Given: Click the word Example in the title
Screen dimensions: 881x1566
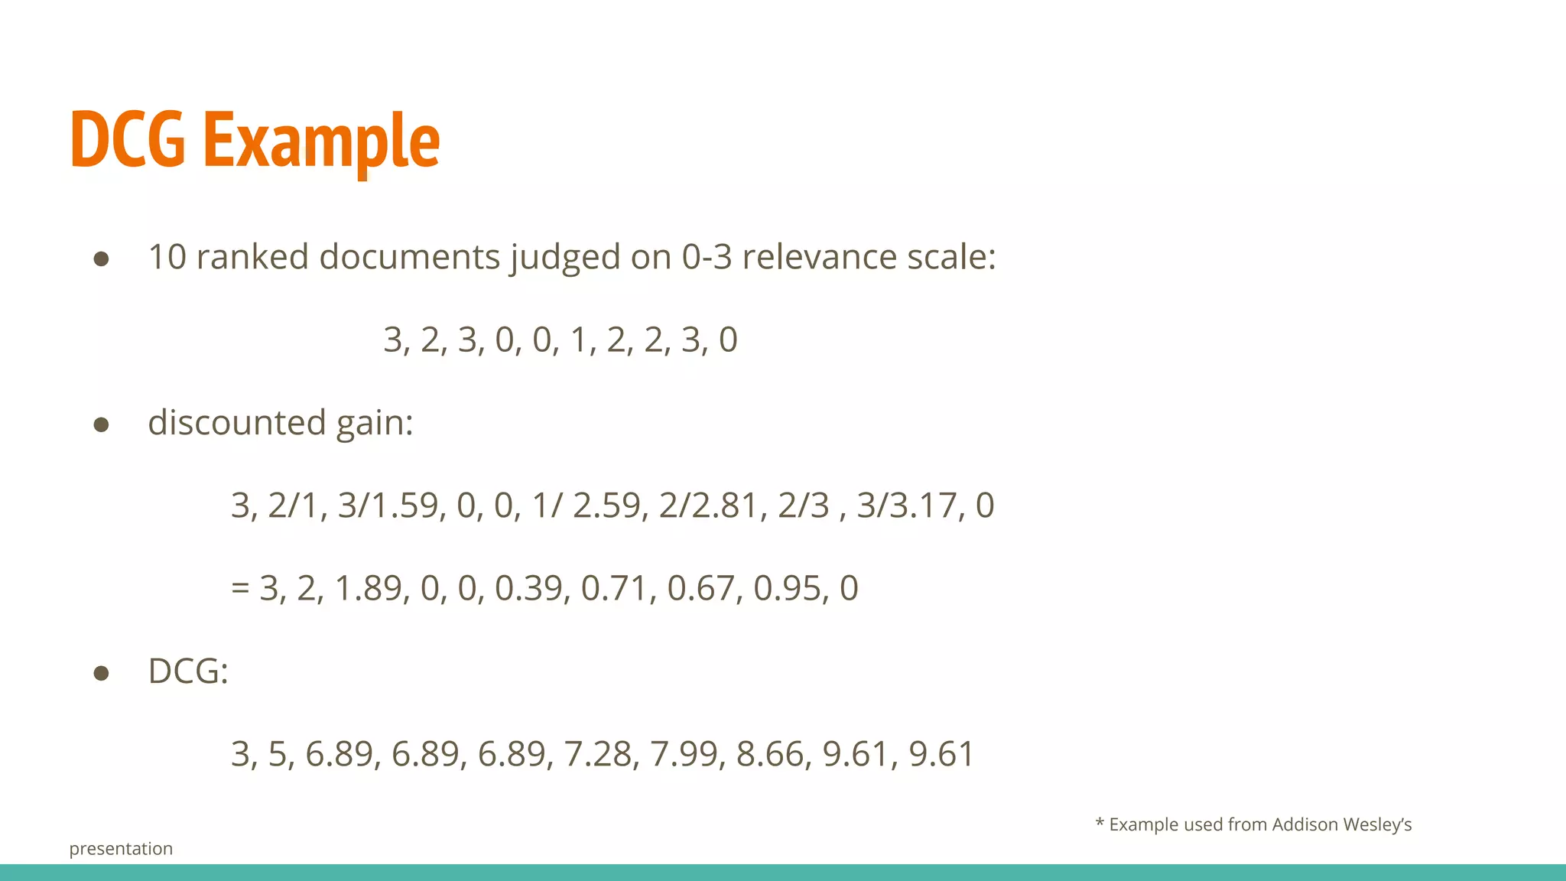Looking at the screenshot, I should tap(321, 141).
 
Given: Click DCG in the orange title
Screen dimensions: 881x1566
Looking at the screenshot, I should tap(128, 141).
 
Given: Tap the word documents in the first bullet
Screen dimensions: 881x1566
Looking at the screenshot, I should tap(408, 257).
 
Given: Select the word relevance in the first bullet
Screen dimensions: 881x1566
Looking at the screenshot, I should tap(819, 257).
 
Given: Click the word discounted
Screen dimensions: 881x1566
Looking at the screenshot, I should tap(237, 422).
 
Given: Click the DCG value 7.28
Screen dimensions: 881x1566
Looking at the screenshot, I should tap(597, 754).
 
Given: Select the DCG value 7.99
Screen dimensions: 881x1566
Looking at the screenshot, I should tap(684, 754).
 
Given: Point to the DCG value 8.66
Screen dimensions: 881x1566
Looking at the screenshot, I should tap(769, 754).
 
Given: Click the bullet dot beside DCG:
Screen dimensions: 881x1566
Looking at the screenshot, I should tap(101, 673).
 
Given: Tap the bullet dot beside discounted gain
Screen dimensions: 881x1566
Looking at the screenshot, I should tap(101, 424).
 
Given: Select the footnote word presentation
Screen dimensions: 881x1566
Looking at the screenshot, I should tap(121, 849).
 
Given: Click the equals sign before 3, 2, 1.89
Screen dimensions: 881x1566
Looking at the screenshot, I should tap(240, 588).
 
